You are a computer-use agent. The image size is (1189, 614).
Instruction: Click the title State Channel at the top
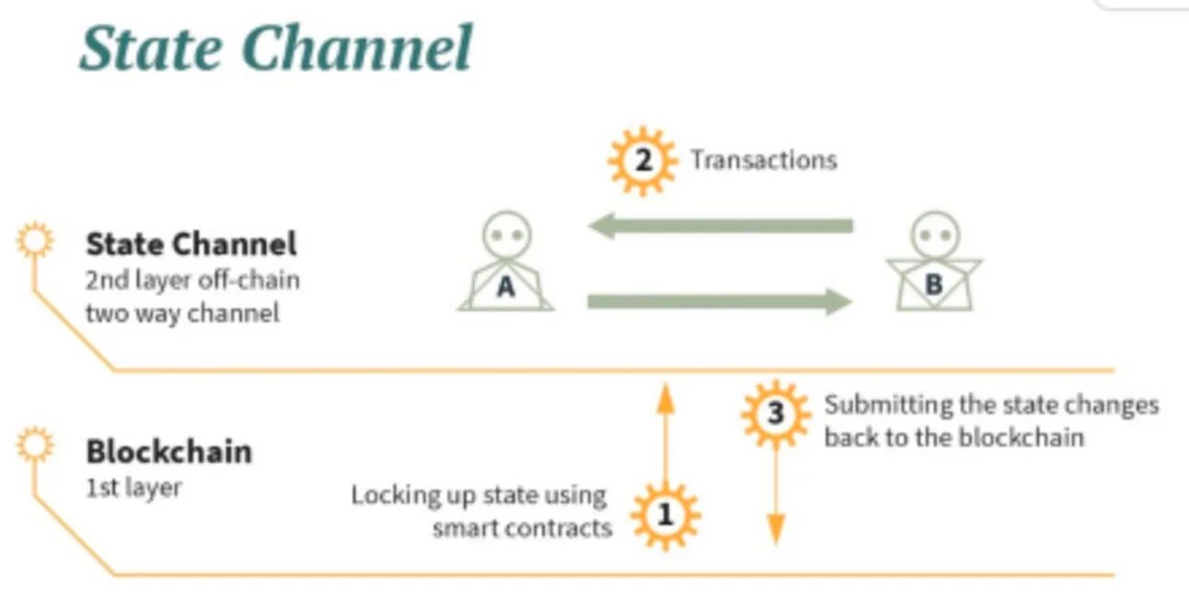(276, 48)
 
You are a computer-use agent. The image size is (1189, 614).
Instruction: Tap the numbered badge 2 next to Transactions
(642, 161)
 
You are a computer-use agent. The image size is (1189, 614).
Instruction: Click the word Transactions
(764, 160)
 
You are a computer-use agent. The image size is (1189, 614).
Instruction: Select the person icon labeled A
(506, 261)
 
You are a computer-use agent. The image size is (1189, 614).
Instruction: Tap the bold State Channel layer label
(191, 244)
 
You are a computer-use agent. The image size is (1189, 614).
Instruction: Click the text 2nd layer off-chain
(192, 279)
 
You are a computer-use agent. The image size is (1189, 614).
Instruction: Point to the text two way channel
(181, 312)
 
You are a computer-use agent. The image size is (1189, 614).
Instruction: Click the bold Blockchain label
(168, 452)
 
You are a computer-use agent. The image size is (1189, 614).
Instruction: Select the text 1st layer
(133, 487)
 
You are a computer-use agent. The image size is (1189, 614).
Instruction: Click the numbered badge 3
(775, 414)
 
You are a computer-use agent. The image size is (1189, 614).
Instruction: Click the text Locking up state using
(479, 495)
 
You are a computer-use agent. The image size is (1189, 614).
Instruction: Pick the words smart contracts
(522, 528)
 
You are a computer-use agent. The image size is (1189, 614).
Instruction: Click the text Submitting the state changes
(991, 405)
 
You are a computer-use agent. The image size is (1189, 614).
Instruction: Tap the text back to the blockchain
(953, 436)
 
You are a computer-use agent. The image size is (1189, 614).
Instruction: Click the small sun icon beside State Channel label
(36, 242)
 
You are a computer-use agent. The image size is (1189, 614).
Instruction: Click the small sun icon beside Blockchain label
(36, 446)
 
